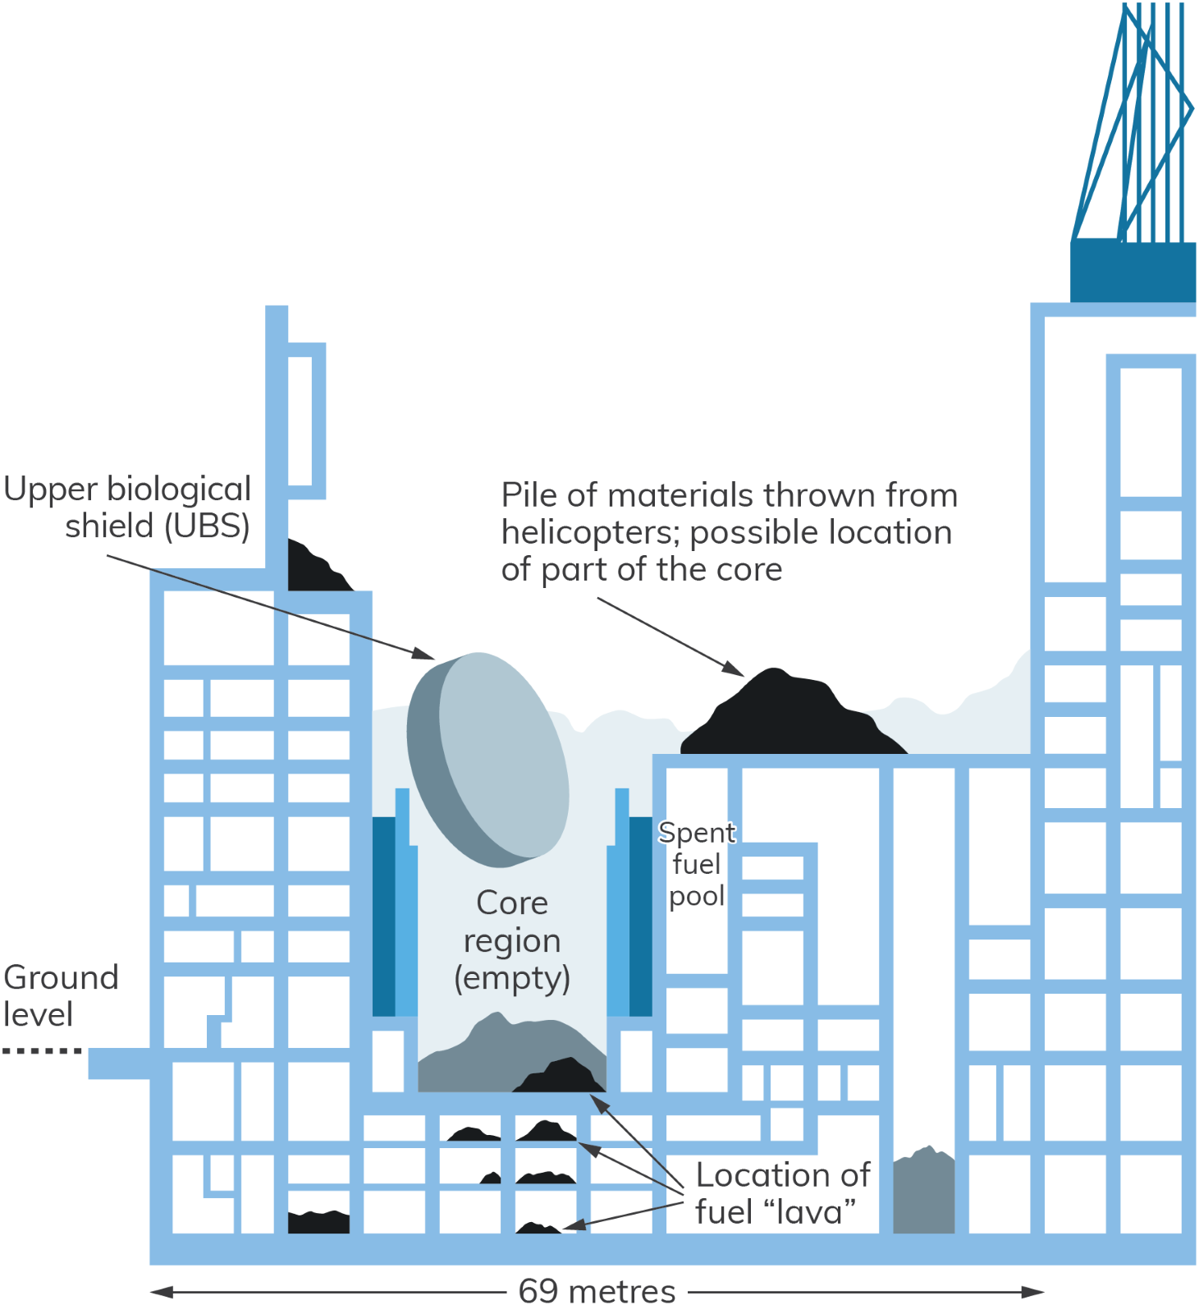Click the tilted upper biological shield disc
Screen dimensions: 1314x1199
coord(492,760)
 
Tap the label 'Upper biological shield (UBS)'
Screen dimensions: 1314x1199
coord(127,508)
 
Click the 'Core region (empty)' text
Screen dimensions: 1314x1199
coord(512,940)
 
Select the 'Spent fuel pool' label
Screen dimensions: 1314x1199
coord(697,864)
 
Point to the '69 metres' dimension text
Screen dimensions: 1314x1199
coord(597,1292)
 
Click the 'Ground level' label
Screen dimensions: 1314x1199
coord(61,995)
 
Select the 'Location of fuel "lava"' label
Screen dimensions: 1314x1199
coord(781,1193)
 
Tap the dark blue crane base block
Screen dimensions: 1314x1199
coord(1133,271)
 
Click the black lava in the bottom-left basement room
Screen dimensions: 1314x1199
coord(318,1221)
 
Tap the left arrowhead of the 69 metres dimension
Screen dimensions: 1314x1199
coord(161,1292)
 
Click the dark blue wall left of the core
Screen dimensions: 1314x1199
coord(383,916)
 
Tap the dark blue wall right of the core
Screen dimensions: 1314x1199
coord(640,916)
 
